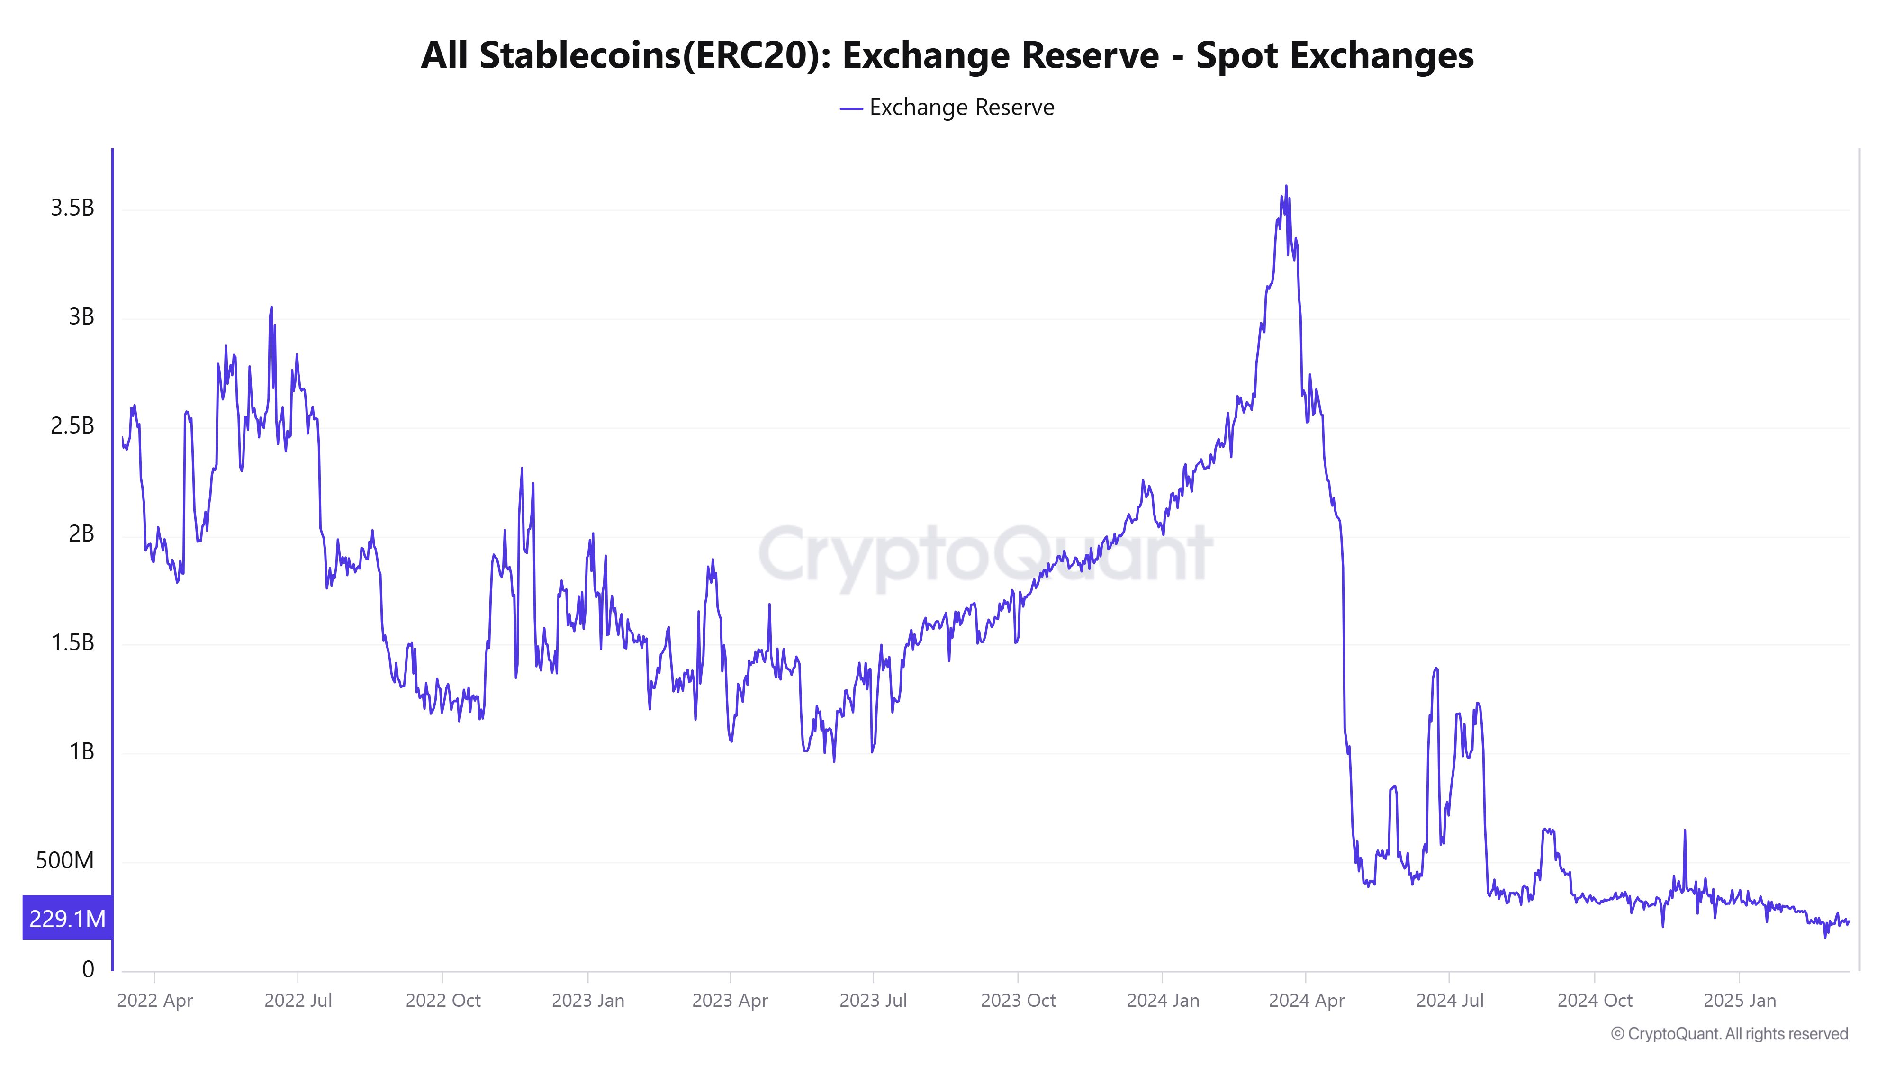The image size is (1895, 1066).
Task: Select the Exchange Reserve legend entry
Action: pyautogui.click(x=947, y=108)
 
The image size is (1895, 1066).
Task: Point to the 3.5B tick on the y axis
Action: pyautogui.click(x=72, y=208)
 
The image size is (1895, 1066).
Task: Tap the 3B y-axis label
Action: pyautogui.click(x=81, y=317)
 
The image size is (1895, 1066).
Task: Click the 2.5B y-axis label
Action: pyautogui.click(x=72, y=426)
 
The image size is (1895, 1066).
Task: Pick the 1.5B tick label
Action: pyautogui.click(x=72, y=643)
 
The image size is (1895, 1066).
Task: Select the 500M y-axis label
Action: pyautogui.click(x=65, y=860)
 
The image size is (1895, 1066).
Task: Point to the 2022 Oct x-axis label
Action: pyautogui.click(x=443, y=1001)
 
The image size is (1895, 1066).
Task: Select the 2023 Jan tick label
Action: pyautogui.click(x=588, y=1001)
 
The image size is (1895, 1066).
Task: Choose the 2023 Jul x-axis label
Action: pyautogui.click(x=873, y=1001)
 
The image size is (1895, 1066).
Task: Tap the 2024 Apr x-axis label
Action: pyautogui.click(x=1307, y=1001)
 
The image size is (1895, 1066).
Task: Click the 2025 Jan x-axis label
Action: pyautogui.click(x=1739, y=1001)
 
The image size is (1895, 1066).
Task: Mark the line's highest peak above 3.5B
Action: pyautogui.click(x=1286, y=186)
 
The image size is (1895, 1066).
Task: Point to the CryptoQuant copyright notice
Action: pyautogui.click(x=1729, y=1034)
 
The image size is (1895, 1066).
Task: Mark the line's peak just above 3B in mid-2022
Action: pyautogui.click(x=271, y=307)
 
